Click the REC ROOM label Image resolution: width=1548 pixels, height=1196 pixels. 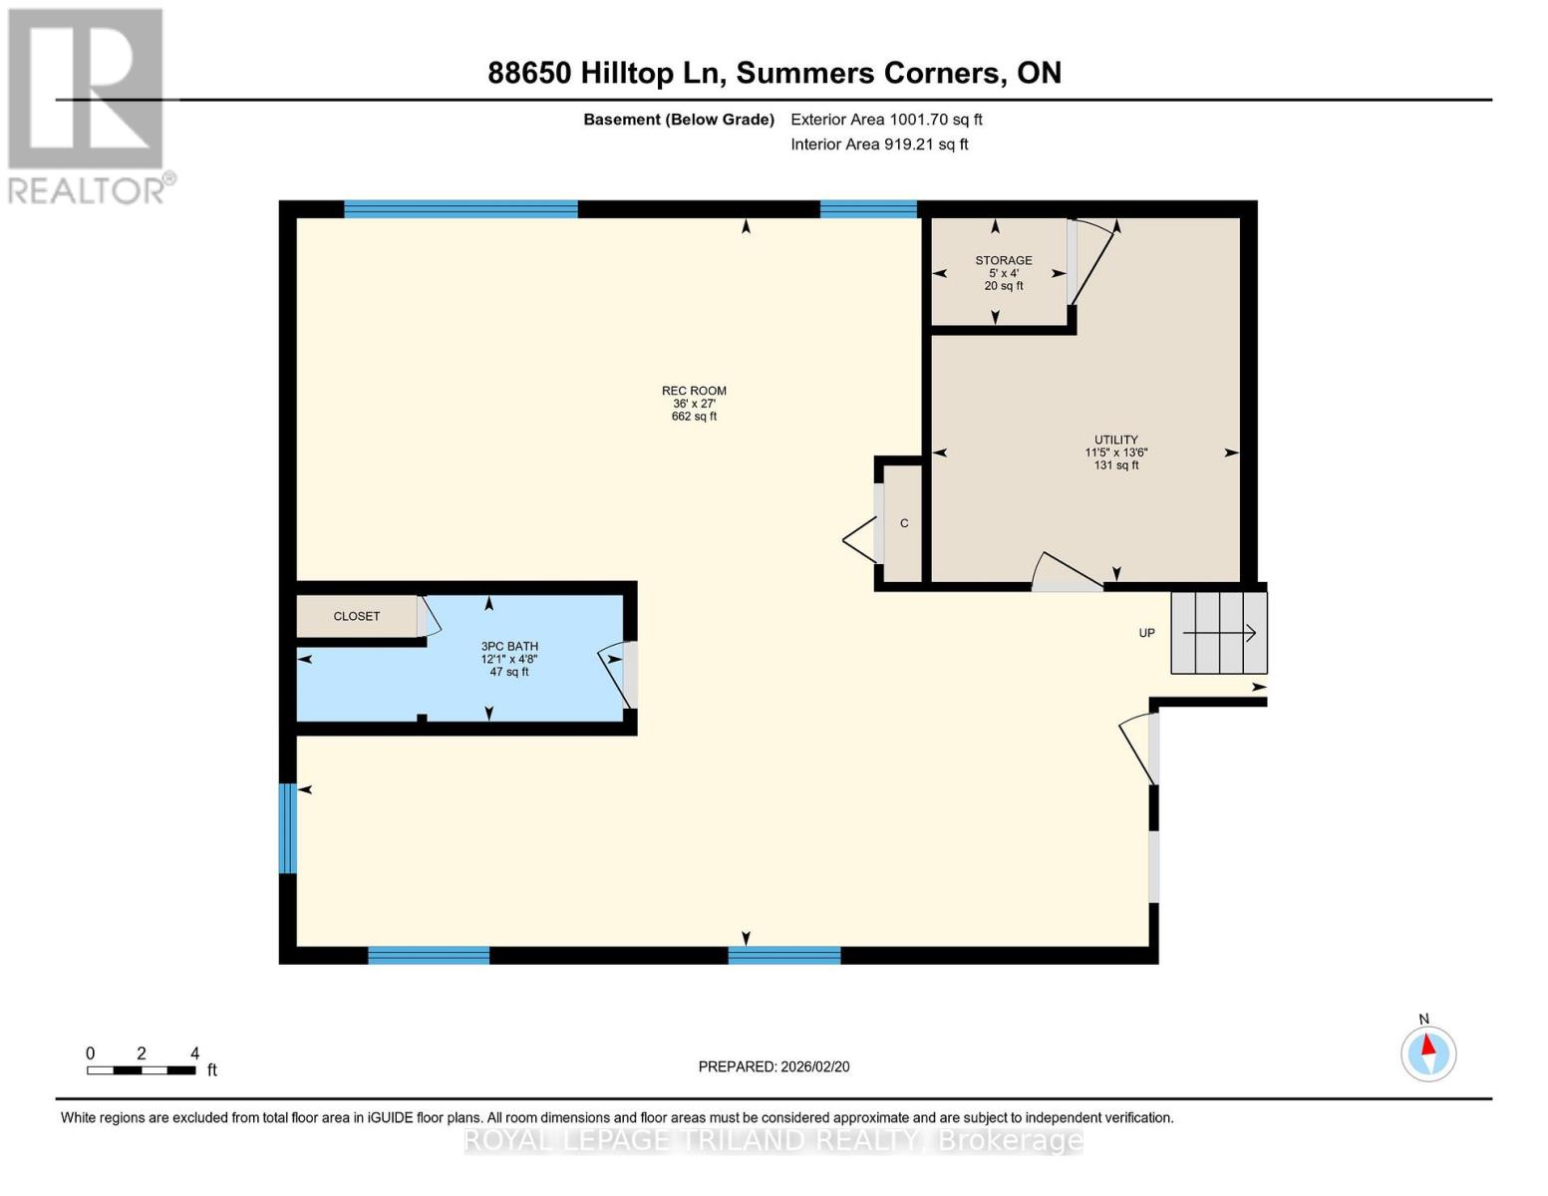[694, 391]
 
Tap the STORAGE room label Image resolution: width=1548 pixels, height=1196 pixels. [1003, 260]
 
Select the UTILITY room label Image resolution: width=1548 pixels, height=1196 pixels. [1115, 440]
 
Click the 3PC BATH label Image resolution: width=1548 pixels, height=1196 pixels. [509, 646]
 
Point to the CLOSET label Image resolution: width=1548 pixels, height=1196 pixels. [356, 616]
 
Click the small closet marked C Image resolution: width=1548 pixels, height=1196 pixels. [904, 523]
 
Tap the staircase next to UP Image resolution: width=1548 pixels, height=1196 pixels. [1218, 633]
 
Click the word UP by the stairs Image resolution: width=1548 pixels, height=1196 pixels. [1146, 633]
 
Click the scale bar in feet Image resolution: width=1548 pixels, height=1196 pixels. [141, 1070]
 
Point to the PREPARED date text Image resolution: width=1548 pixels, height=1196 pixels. [774, 1066]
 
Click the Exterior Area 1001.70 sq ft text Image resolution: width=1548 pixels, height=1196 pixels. [886, 120]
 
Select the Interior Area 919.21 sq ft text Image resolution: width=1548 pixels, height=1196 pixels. [879, 145]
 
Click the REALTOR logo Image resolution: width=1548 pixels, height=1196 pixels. [88, 105]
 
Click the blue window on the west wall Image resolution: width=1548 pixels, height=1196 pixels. [287, 828]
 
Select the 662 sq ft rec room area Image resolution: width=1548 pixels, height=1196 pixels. [694, 417]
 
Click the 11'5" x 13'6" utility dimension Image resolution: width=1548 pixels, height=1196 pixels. [1115, 452]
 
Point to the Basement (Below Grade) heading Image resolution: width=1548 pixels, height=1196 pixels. [678, 120]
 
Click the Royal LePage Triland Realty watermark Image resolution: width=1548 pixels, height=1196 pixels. [774, 1140]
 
